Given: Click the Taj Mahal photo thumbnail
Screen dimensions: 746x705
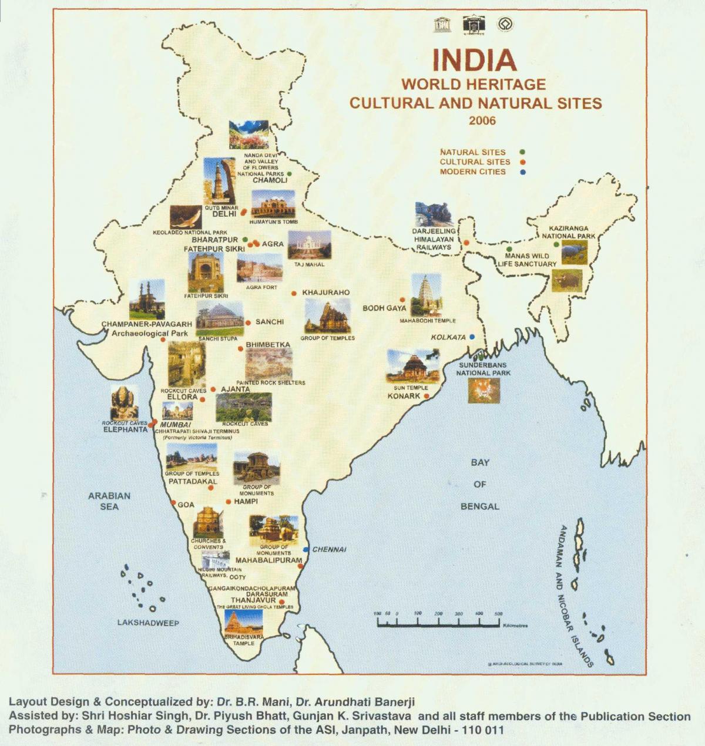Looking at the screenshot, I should pos(309,244).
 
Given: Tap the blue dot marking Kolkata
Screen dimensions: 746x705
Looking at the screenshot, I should pos(472,337).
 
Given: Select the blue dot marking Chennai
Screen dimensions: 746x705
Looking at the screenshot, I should pos(305,550).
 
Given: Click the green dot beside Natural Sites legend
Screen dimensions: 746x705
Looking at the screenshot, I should pos(522,152).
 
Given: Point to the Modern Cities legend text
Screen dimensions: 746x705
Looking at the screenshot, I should pos(472,172).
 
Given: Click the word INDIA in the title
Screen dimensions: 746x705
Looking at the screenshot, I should pos(474,59).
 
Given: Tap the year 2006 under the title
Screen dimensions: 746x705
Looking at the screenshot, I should pos(482,121).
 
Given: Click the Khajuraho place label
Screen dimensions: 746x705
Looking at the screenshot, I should pos(325,293).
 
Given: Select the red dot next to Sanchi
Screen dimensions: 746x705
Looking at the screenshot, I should pos(248,322).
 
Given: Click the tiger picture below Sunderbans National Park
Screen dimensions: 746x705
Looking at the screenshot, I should pos(484,391).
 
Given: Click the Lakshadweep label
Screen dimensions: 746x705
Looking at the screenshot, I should pos(148,623).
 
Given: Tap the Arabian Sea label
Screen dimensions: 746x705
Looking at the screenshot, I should pos(109,501).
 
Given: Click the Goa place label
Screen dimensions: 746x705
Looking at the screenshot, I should pos(186,505).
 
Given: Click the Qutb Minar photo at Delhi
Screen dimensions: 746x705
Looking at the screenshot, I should pos(219,181).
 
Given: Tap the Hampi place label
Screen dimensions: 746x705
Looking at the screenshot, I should pos(246,502).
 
